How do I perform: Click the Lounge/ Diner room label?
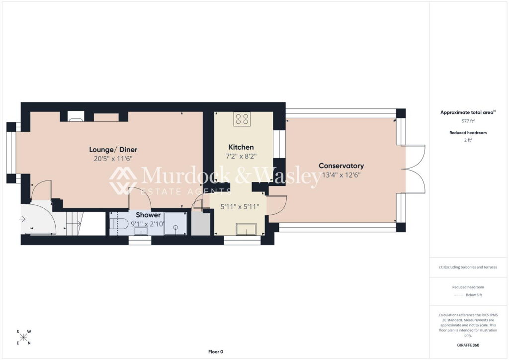[113, 150]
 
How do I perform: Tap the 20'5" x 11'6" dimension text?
[113, 159]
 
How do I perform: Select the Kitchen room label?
[241, 147]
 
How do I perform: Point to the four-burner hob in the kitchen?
[242, 119]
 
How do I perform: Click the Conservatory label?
[341, 166]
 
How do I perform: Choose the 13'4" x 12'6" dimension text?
[341, 175]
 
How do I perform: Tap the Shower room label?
[148, 215]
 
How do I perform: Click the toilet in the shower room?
[116, 223]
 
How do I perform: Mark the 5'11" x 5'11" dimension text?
[240, 207]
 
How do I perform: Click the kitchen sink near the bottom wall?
[246, 229]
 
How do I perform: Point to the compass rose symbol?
[23, 337]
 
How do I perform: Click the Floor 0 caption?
[216, 352]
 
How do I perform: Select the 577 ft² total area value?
[468, 121]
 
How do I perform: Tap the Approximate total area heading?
[468, 112]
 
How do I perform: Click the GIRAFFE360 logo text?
[468, 345]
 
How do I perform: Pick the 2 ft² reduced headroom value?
[468, 140]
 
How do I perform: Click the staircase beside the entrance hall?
[74, 223]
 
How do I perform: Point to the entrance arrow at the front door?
[22, 219]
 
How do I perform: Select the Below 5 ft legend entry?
[474, 295]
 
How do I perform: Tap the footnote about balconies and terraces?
[468, 267]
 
